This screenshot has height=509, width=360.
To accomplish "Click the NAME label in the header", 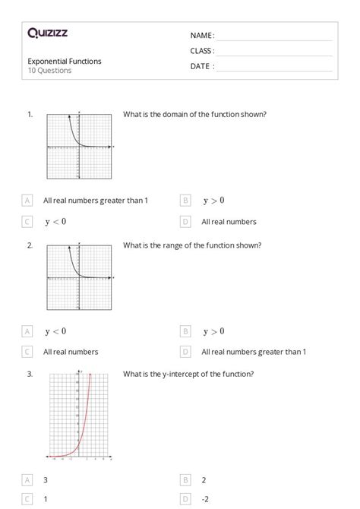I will point(201,36).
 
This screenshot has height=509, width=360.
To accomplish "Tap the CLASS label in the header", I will point(202,51).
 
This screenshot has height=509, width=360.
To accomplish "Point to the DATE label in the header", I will point(201,66).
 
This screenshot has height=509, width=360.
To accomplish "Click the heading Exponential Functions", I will point(65,61).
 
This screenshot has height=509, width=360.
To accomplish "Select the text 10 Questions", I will point(50,71).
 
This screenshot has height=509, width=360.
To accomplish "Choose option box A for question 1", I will point(27,201).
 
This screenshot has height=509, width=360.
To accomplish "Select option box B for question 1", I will point(185,201).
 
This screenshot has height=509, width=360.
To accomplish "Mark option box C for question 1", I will point(27,222).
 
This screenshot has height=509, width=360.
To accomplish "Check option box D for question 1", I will point(185,222).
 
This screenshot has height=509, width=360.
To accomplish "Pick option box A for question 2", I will point(27,331).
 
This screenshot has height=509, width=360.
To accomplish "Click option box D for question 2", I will point(185,352).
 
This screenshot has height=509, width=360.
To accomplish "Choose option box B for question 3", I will point(185,480).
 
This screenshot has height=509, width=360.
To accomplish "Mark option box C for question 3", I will point(27,499).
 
